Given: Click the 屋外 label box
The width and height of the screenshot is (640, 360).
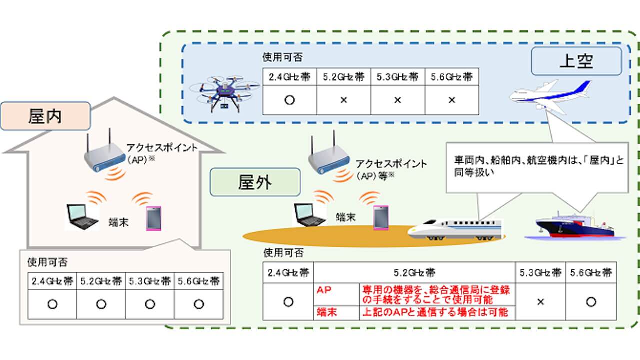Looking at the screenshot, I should point(255,183).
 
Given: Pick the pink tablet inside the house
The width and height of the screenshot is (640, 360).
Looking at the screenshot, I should point(153,218).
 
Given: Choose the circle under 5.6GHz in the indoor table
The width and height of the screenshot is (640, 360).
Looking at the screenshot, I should point(198,303).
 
